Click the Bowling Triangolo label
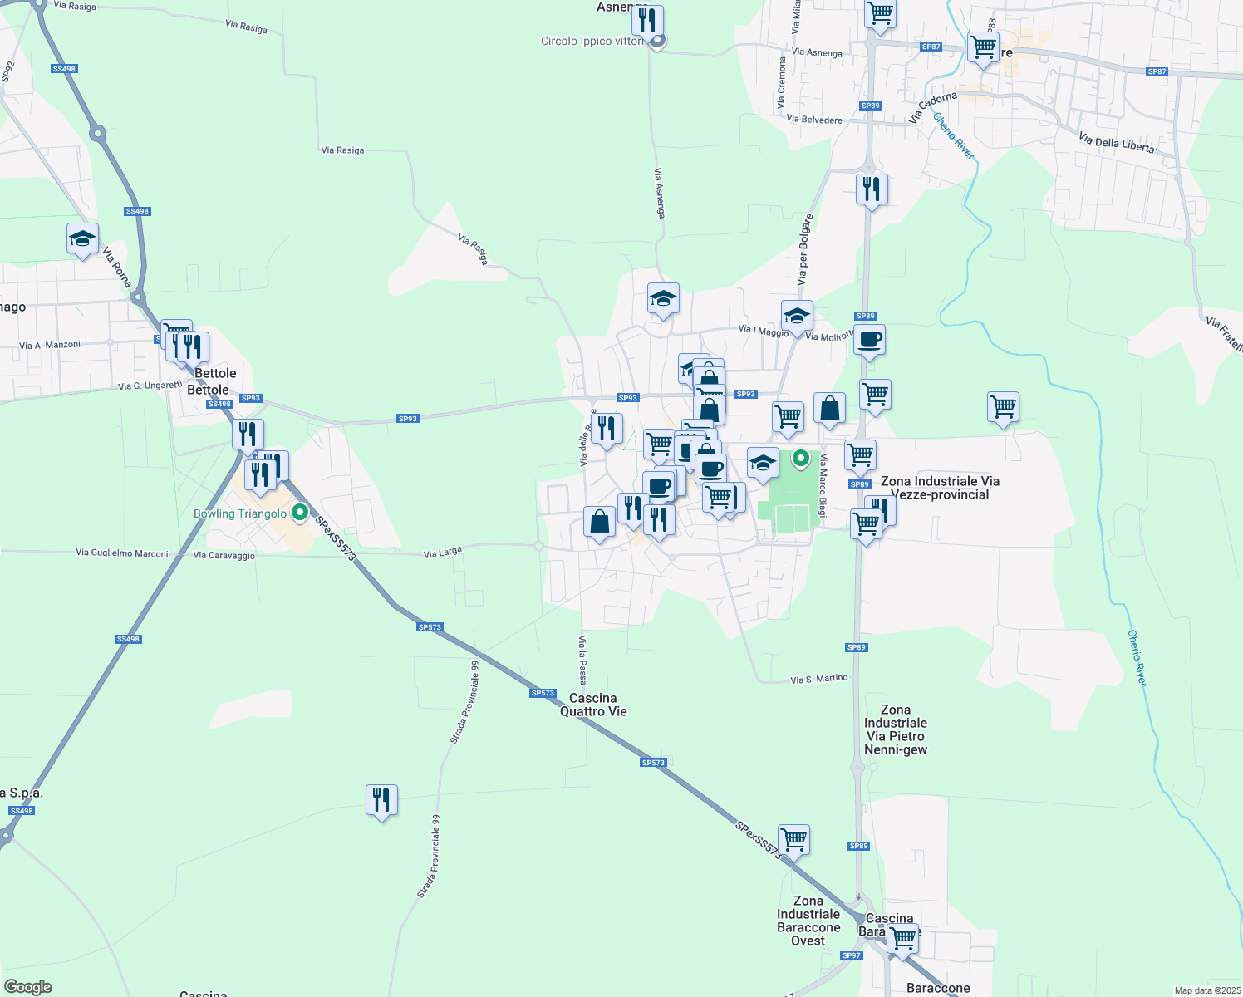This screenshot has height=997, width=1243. [x=240, y=513]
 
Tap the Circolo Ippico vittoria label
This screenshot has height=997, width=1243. [x=592, y=41]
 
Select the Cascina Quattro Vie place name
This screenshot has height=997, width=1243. [x=593, y=705]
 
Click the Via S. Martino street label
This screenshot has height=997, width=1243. [x=819, y=679]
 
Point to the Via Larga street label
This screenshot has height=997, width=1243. [x=442, y=553]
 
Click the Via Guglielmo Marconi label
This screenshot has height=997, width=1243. [x=122, y=553]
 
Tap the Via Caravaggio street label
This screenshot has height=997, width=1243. [x=224, y=555]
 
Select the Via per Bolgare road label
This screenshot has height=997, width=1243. [x=803, y=250]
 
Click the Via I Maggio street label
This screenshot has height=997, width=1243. [x=764, y=330]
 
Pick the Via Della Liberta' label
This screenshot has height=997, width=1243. [x=1118, y=143]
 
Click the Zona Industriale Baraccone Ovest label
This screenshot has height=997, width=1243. [x=808, y=921]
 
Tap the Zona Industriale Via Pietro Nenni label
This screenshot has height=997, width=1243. [x=895, y=729]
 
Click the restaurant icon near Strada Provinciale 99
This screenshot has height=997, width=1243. [x=381, y=800]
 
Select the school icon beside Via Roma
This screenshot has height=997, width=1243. [x=82, y=239]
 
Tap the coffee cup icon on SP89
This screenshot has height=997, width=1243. [x=870, y=340]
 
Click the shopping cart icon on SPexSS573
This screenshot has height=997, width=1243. [x=793, y=840]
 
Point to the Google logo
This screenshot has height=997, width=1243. [x=28, y=987]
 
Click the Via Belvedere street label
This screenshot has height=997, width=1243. [x=814, y=120]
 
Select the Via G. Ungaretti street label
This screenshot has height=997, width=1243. [x=150, y=386]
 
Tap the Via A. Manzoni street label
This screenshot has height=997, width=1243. [x=50, y=345]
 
